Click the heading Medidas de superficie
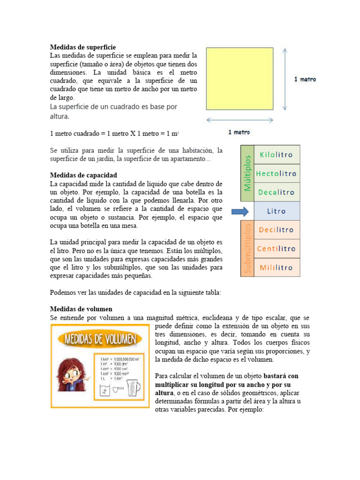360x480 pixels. tap(82, 47)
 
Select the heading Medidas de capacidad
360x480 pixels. tap(83, 175)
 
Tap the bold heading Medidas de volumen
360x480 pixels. tap(81, 309)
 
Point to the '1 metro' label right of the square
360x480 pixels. tap(305, 79)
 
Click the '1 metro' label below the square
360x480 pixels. tap(239, 132)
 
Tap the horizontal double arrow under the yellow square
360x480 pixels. tap(240, 120)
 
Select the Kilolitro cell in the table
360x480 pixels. tap(277, 155)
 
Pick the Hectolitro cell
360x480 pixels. tap(277, 173)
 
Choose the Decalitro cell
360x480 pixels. tap(277, 192)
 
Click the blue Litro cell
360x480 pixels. tap(277, 211)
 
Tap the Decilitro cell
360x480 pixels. tap(277, 230)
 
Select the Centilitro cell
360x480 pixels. tap(277, 249)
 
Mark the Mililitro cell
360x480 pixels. tap(277, 268)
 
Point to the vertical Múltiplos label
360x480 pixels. tap(247, 173)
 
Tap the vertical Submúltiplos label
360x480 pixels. tap(247, 248)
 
